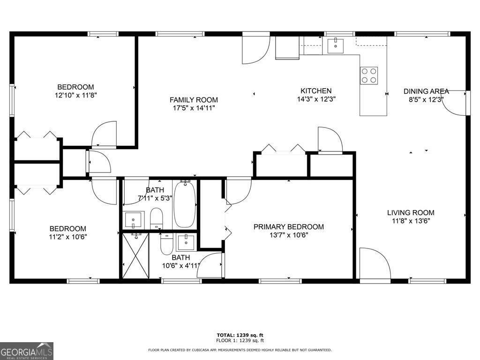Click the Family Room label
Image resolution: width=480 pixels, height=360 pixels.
pyautogui.click(x=194, y=100)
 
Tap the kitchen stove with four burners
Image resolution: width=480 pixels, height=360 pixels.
pyautogui.click(x=369, y=75)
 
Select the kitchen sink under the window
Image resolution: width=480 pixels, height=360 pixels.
pyautogui.click(x=336, y=46)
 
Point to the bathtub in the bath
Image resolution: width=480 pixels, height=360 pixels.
pyautogui.click(x=185, y=204)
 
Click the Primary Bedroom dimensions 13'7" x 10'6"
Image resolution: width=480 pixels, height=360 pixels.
pyautogui.click(x=288, y=235)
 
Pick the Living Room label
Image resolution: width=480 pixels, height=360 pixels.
pyautogui.click(x=411, y=212)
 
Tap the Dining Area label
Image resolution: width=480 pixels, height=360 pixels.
pyautogui.click(x=426, y=91)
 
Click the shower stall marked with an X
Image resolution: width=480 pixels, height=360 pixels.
pyautogui.click(x=135, y=255)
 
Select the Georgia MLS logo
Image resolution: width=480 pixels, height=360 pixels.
pyautogui.click(x=27, y=351)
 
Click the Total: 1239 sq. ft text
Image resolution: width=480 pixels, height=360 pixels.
pyautogui.click(x=240, y=335)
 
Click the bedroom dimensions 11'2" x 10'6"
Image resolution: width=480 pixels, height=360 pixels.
pyautogui.click(x=68, y=237)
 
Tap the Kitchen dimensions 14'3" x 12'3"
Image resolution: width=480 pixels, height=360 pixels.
pyautogui.click(x=316, y=99)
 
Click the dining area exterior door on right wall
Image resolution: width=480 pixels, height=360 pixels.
pyautogui.click(x=455, y=103)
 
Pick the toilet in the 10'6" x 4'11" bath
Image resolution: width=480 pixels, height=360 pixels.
pyautogui.click(x=166, y=244)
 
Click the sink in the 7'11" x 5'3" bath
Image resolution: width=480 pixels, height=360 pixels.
pyautogui.click(x=134, y=219)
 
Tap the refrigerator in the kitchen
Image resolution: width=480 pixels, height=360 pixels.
pyautogui.click(x=287, y=48)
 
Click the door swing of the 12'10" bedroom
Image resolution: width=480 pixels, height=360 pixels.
pyautogui.click(x=105, y=134)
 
